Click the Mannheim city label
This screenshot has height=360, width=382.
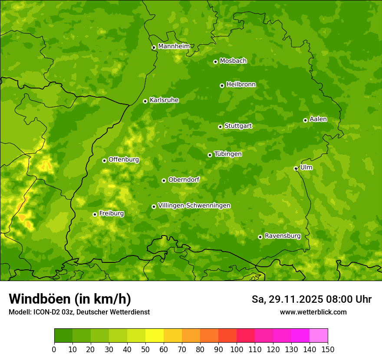(174, 46)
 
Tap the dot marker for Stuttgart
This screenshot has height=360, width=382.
(220, 127)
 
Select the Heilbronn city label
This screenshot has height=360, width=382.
(241, 85)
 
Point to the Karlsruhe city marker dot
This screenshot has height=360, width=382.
(145, 101)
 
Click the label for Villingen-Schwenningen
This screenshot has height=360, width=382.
(194, 206)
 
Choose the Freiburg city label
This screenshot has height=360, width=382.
(111, 213)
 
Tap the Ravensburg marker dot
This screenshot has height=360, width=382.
(260, 237)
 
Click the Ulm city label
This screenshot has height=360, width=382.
(306, 167)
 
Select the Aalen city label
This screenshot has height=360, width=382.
(318, 119)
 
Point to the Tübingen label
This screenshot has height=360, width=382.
(228, 154)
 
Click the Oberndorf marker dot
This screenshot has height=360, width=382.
(164, 180)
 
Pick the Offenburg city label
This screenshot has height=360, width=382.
(124, 160)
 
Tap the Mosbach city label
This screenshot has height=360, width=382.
(233, 61)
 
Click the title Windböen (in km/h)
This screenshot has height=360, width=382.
(70, 299)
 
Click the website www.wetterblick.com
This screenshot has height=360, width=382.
(313, 312)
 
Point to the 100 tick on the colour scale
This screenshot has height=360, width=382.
(237, 349)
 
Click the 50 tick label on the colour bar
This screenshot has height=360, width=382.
(145, 349)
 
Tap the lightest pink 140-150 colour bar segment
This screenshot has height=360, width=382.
(319, 336)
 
